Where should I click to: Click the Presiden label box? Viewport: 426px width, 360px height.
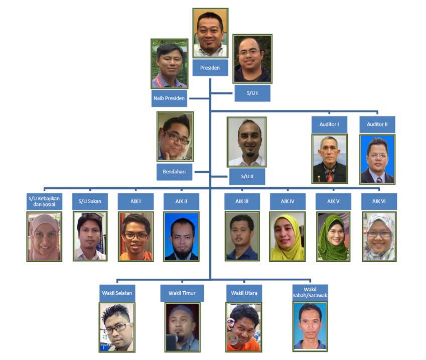tap(210, 68)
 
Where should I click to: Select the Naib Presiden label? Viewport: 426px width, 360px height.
tap(169, 98)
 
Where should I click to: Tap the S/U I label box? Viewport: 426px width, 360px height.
tap(252, 93)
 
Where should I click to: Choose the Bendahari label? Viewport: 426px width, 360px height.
tap(174, 172)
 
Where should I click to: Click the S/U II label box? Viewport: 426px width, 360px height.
tap(247, 176)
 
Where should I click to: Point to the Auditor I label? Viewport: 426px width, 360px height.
tap(329, 124)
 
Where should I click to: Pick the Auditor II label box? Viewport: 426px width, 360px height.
tap(377, 124)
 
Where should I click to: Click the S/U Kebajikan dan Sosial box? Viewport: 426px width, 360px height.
tap(44, 201)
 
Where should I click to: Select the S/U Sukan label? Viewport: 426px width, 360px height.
tap(90, 201)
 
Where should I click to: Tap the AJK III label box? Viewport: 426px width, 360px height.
tap(242, 201)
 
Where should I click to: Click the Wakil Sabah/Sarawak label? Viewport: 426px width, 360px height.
tap(310, 293)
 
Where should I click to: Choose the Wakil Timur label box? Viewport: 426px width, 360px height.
tap(182, 293)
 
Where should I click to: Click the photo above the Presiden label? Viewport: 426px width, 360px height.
tap(210, 33)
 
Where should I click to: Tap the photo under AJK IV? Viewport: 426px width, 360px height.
tap(287, 236)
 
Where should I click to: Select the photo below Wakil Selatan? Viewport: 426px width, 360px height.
tap(117, 327)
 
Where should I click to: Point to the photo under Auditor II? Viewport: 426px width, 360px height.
tap(377, 159)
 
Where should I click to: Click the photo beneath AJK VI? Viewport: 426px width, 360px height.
tap(379, 236)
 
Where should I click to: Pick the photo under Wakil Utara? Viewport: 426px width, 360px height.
tap(244, 327)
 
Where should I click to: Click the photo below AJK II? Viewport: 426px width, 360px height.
tap(181, 236)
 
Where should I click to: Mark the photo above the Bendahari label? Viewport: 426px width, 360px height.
tap(175, 137)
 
